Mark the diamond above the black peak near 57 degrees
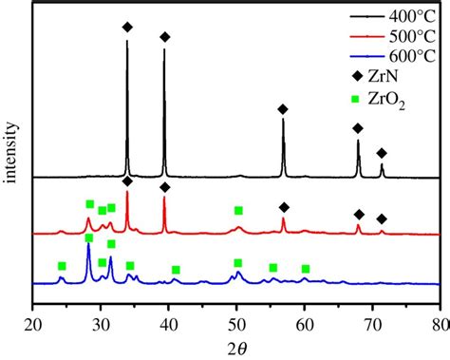point(283,109)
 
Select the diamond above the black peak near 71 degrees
point(382,153)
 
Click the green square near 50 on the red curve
point(238,210)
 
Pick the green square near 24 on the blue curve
point(62,266)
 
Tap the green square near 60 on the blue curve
point(305,269)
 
